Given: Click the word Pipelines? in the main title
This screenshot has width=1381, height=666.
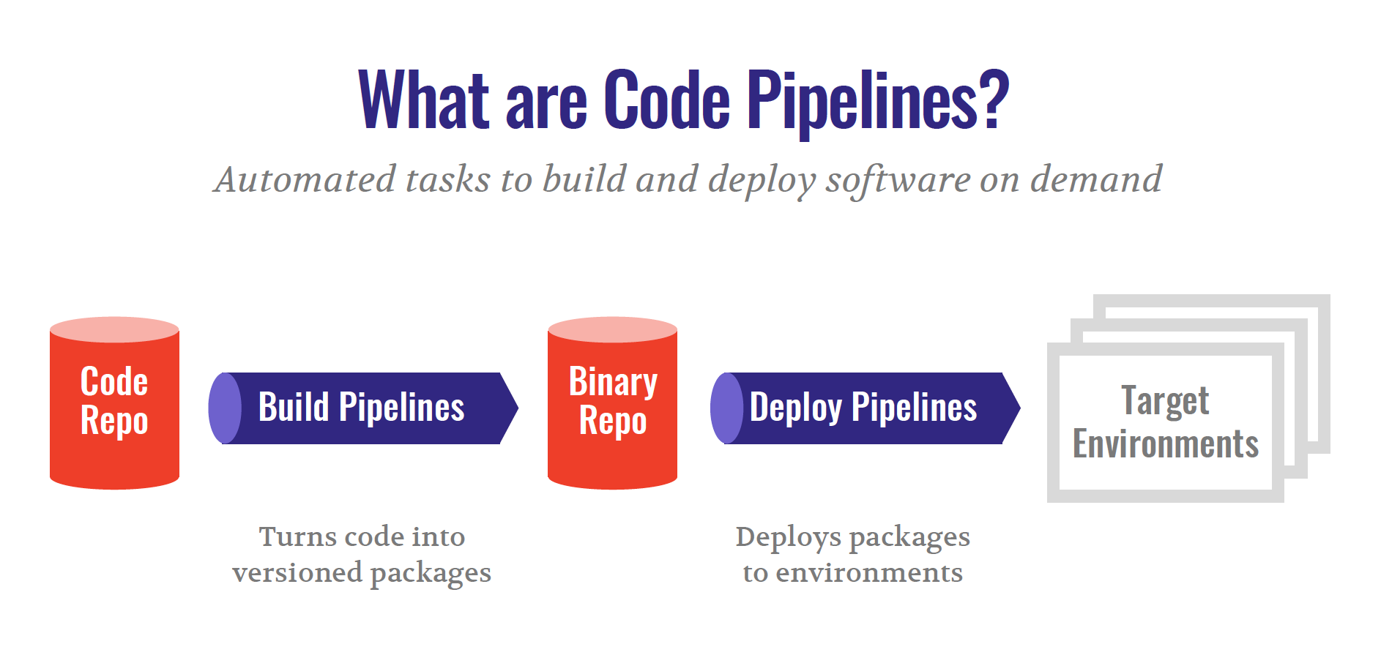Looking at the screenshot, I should pyautogui.click(x=877, y=100).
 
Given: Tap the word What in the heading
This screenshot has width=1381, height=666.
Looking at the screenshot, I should pyautogui.click(x=424, y=100).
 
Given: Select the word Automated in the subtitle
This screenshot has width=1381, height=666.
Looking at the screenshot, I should pyautogui.click(x=305, y=180).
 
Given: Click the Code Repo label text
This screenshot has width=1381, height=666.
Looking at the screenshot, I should pyautogui.click(x=114, y=401).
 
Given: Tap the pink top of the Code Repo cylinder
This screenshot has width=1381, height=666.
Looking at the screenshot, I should pyautogui.click(x=114, y=329).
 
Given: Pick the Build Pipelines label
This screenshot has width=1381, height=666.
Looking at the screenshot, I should pyautogui.click(x=361, y=408).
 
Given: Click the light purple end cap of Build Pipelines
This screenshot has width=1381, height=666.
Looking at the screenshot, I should pyautogui.click(x=224, y=408).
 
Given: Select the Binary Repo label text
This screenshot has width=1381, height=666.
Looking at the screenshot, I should pyautogui.click(x=613, y=401).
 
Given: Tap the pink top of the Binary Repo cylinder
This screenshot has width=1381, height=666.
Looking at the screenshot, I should pyautogui.click(x=612, y=329).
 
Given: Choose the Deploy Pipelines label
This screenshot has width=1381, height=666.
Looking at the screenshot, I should pyautogui.click(x=863, y=408).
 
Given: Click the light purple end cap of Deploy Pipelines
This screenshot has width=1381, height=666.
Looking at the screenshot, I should pyautogui.click(x=726, y=408).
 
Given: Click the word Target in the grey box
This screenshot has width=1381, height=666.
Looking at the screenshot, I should pyautogui.click(x=1165, y=400).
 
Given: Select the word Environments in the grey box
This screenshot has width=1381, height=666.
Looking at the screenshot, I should pyautogui.click(x=1165, y=444).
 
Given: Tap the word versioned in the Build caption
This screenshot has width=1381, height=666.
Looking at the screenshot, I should pyautogui.click(x=297, y=573).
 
